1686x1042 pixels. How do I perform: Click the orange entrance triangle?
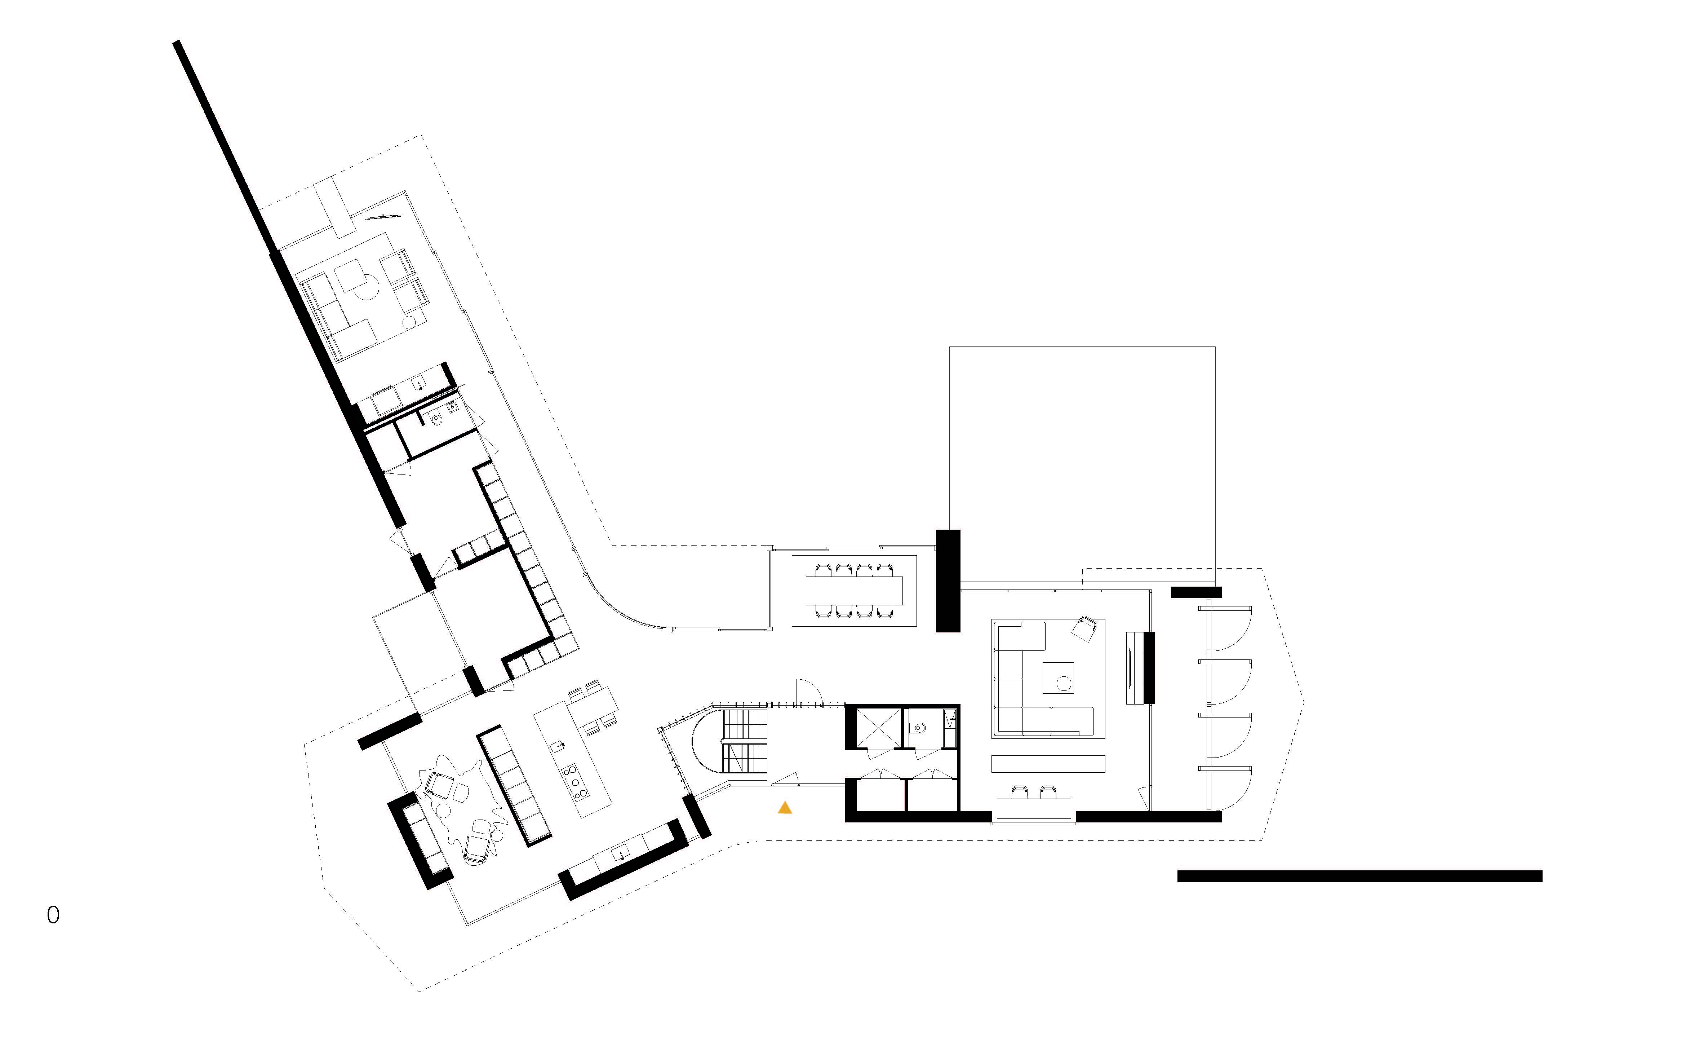point(785,808)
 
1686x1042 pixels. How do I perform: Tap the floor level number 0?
point(53,915)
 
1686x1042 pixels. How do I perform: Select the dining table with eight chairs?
point(854,591)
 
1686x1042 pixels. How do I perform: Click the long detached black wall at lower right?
point(1359,877)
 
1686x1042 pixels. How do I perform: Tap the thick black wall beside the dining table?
point(948,580)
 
